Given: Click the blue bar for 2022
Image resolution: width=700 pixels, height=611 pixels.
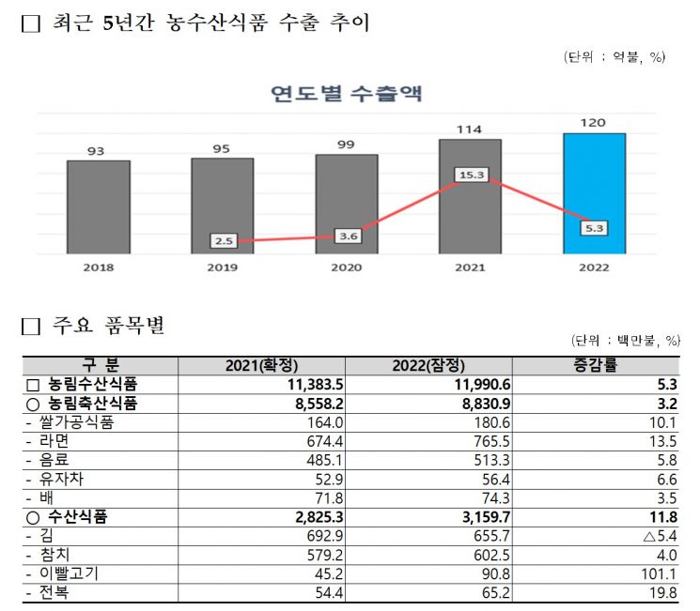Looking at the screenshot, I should click(594, 193).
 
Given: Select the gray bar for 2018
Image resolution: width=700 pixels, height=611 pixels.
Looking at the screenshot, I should click(98, 206).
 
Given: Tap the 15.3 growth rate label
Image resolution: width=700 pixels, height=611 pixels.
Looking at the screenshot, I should click(470, 175).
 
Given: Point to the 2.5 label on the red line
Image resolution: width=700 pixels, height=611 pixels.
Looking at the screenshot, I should click(224, 241).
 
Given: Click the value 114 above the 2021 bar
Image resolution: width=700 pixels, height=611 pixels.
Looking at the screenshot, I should click(470, 129).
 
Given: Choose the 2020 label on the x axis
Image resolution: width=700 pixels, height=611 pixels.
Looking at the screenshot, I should click(346, 267).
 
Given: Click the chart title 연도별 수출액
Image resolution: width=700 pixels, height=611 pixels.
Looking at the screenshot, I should click(346, 94).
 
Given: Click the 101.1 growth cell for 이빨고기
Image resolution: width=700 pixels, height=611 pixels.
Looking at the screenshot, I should click(654, 574).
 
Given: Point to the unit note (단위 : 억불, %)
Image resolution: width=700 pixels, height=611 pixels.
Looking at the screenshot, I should click(614, 57).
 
